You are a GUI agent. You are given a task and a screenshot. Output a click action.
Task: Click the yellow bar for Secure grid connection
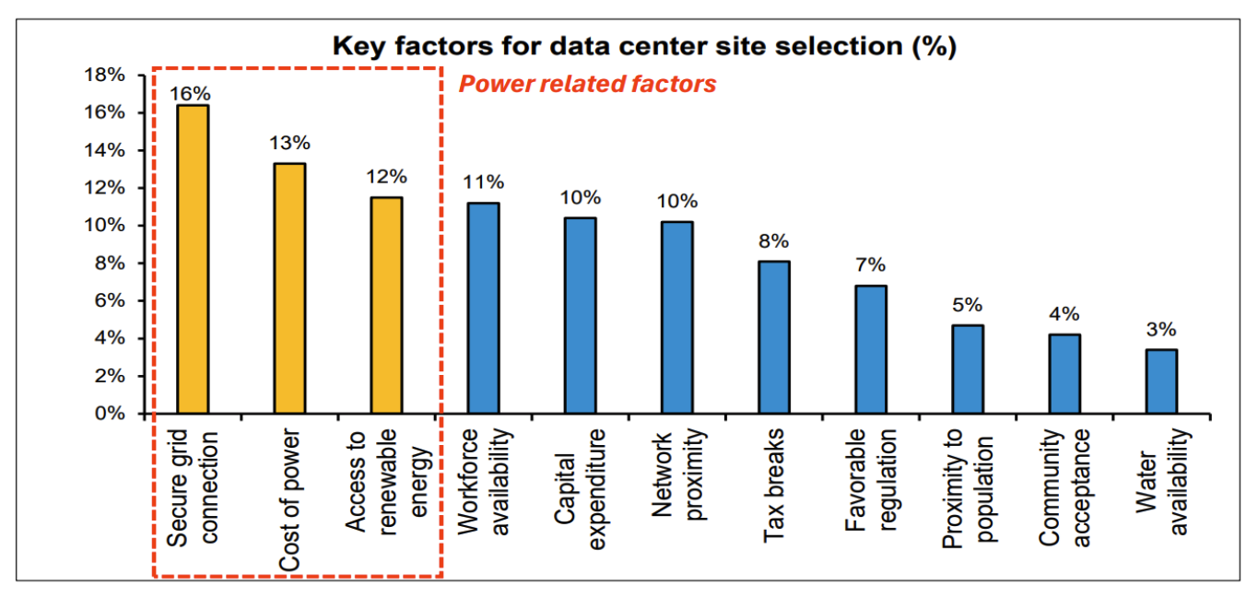click(194, 259)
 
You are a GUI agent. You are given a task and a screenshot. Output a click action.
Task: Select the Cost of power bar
click(289, 288)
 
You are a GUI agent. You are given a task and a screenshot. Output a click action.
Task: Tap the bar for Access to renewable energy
click(386, 305)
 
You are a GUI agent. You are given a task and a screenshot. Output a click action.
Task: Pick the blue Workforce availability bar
click(483, 308)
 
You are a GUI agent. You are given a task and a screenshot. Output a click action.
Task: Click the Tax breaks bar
click(773, 337)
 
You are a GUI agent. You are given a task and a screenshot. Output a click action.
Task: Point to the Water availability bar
click(1161, 381)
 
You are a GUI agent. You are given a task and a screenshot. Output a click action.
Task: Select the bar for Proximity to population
click(968, 369)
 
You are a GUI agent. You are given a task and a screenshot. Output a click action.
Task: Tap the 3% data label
click(1161, 330)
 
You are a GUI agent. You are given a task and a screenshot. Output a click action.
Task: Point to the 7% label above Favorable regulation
click(870, 265)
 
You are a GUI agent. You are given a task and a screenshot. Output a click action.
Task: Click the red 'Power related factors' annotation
click(587, 84)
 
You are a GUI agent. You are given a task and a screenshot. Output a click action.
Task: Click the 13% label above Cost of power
click(289, 144)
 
